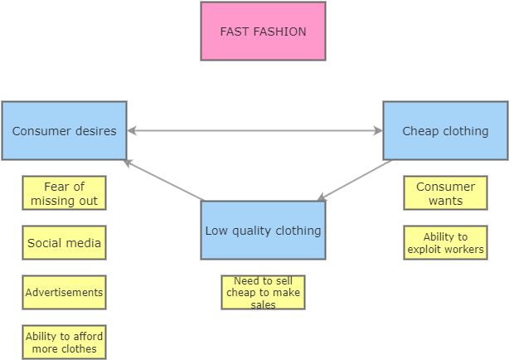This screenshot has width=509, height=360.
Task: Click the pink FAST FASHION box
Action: tap(263, 32)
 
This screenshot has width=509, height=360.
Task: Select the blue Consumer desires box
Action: tap(64, 131)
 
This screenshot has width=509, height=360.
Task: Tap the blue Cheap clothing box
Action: tap(445, 131)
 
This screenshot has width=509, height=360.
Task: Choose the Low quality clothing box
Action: tap(263, 231)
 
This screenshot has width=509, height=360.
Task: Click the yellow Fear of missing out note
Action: tap(64, 193)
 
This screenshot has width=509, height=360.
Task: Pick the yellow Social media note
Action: tap(64, 243)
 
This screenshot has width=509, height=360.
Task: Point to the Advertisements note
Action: tap(64, 292)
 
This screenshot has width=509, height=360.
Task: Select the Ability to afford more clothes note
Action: tap(64, 342)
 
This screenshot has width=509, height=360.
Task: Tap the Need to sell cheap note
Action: tap(263, 292)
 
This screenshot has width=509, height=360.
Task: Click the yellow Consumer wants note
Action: tap(445, 193)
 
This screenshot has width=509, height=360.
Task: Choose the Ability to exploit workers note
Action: tap(445, 242)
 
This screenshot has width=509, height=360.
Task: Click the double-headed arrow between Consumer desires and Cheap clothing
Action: tap(254, 131)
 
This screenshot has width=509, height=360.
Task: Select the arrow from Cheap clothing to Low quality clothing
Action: tap(354, 181)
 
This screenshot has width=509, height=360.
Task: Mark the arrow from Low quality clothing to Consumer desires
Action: tap(164, 180)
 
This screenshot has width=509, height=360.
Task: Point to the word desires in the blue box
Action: tap(95, 131)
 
